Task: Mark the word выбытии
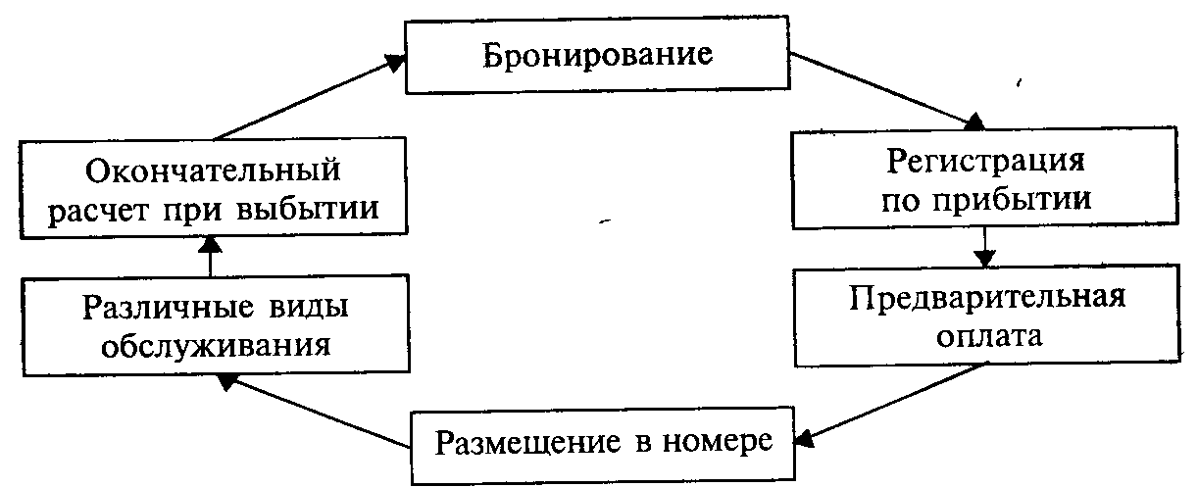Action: [321, 211]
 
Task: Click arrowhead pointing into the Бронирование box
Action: [394, 62]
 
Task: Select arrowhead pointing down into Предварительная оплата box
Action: [984, 259]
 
